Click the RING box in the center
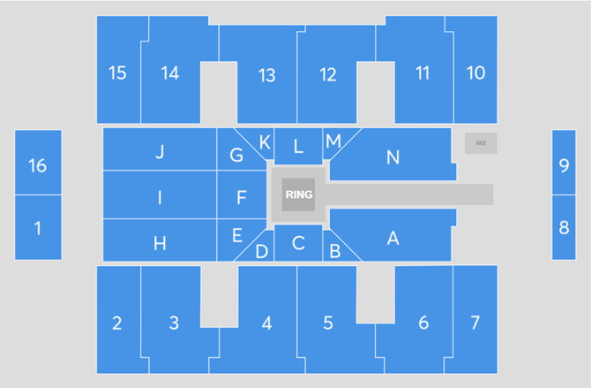pyautogui.click(x=298, y=194)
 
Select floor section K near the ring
pyautogui.click(x=265, y=143)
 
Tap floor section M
pyautogui.click(x=333, y=141)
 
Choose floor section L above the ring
pyautogui.click(x=298, y=146)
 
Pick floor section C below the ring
pyautogui.click(x=298, y=242)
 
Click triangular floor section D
pyautogui.click(x=261, y=252)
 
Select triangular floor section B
pyautogui.click(x=335, y=250)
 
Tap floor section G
pyautogui.click(x=236, y=155)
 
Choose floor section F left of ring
pyautogui.click(x=241, y=197)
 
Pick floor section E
pyautogui.click(x=236, y=235)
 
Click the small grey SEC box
pyautogui.click(x=481, y=142)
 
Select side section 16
pyautogui.click(x=37, y=164)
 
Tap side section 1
pyautogui.click(x=37, y=228)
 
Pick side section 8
pyautogui.click(x=564, y=227)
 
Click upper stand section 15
pyautogui.click(x=117, y=72)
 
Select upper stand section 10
pyautogui.click(x=475, y=72)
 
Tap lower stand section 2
pyautogui.click(x=117, y=323)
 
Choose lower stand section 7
pyautogui.click(x=475, y=321)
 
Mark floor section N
pyautogui.click(x=393, y=157)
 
